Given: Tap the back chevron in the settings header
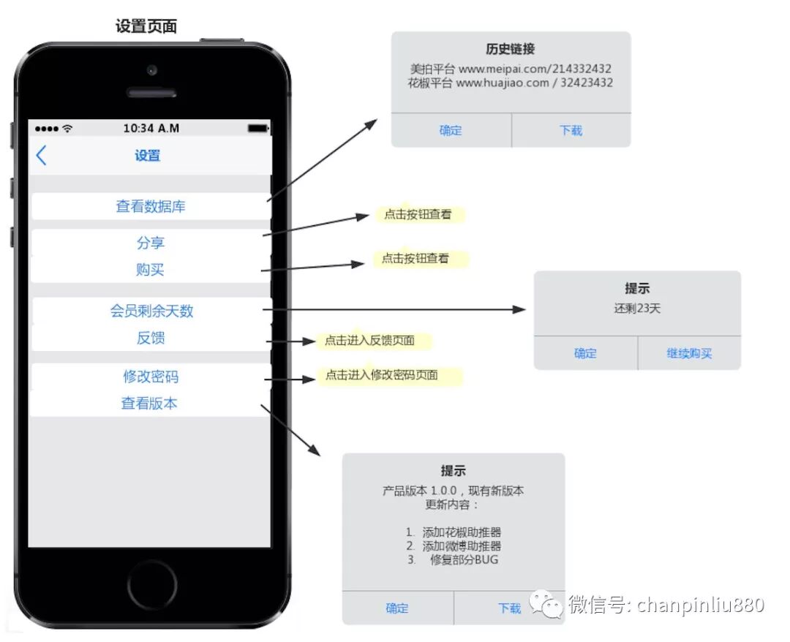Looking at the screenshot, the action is coord(41,155).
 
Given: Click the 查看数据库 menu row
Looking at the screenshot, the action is coord(151,206).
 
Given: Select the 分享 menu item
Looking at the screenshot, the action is coord(151,243).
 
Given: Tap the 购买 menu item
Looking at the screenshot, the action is coord(151,270).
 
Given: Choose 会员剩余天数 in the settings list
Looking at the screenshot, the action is coord(151,311).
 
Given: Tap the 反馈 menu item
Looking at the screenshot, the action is coord(151,338).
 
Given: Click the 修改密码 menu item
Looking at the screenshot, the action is coord(151,377).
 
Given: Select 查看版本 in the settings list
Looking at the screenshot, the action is coord(149,404).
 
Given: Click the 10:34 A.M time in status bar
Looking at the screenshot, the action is coord(151,129).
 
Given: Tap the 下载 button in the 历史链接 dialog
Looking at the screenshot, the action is coord(571,131).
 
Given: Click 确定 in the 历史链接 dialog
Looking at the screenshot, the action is coord(451,131).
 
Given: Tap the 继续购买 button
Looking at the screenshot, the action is coord(689,354).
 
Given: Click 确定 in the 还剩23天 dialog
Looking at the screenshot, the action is coord(585,354).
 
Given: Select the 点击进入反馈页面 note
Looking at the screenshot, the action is coord(369,341).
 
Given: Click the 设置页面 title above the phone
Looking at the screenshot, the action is coord(146,27).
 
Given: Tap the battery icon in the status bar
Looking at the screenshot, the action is coord(257,129).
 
